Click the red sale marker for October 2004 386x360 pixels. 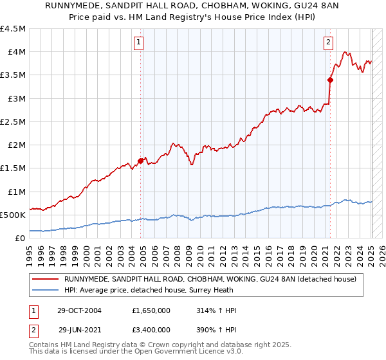[141, 161]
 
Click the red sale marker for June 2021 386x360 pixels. [330, 80]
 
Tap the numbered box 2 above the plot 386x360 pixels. [328, 43]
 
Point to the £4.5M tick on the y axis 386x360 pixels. [13, 29]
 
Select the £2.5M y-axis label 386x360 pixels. [13, 122]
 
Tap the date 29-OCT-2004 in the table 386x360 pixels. [78, 310]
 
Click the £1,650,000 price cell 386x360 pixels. [152, 310]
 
